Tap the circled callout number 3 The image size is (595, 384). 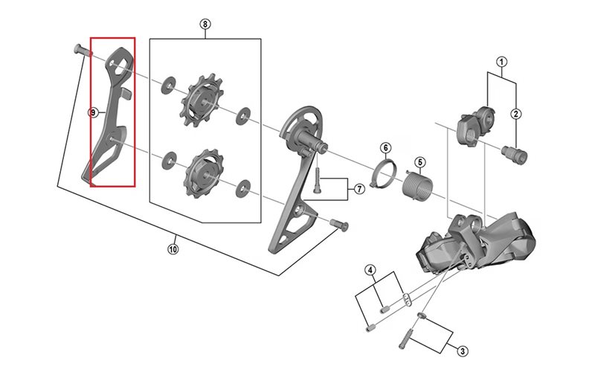(x=463, y=351)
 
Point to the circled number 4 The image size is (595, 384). (x=370, y=269)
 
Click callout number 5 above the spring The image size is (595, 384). (x=419, y=162)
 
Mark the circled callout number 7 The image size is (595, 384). (x=358, y=189)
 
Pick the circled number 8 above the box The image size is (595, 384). (x=205, y=24)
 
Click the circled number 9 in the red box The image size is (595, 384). (x=93, y=113)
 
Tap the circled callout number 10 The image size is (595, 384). (x=173, y=249)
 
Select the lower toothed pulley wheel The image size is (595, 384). (x=202, y=170)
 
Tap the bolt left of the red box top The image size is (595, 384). (x=80, y=51)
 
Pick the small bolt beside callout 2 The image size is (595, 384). (x=512, y=155)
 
